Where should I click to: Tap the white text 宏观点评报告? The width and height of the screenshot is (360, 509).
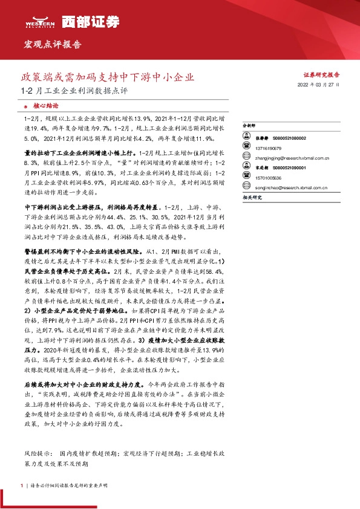coord(52,45)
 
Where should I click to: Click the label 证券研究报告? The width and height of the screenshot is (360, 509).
coord(321,76)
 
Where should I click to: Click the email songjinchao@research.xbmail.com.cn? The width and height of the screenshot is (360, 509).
coord(287,187)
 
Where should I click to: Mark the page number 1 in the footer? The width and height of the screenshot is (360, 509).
coord(22,485)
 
